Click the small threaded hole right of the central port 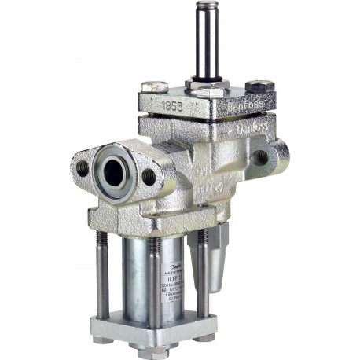pos(149,176)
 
